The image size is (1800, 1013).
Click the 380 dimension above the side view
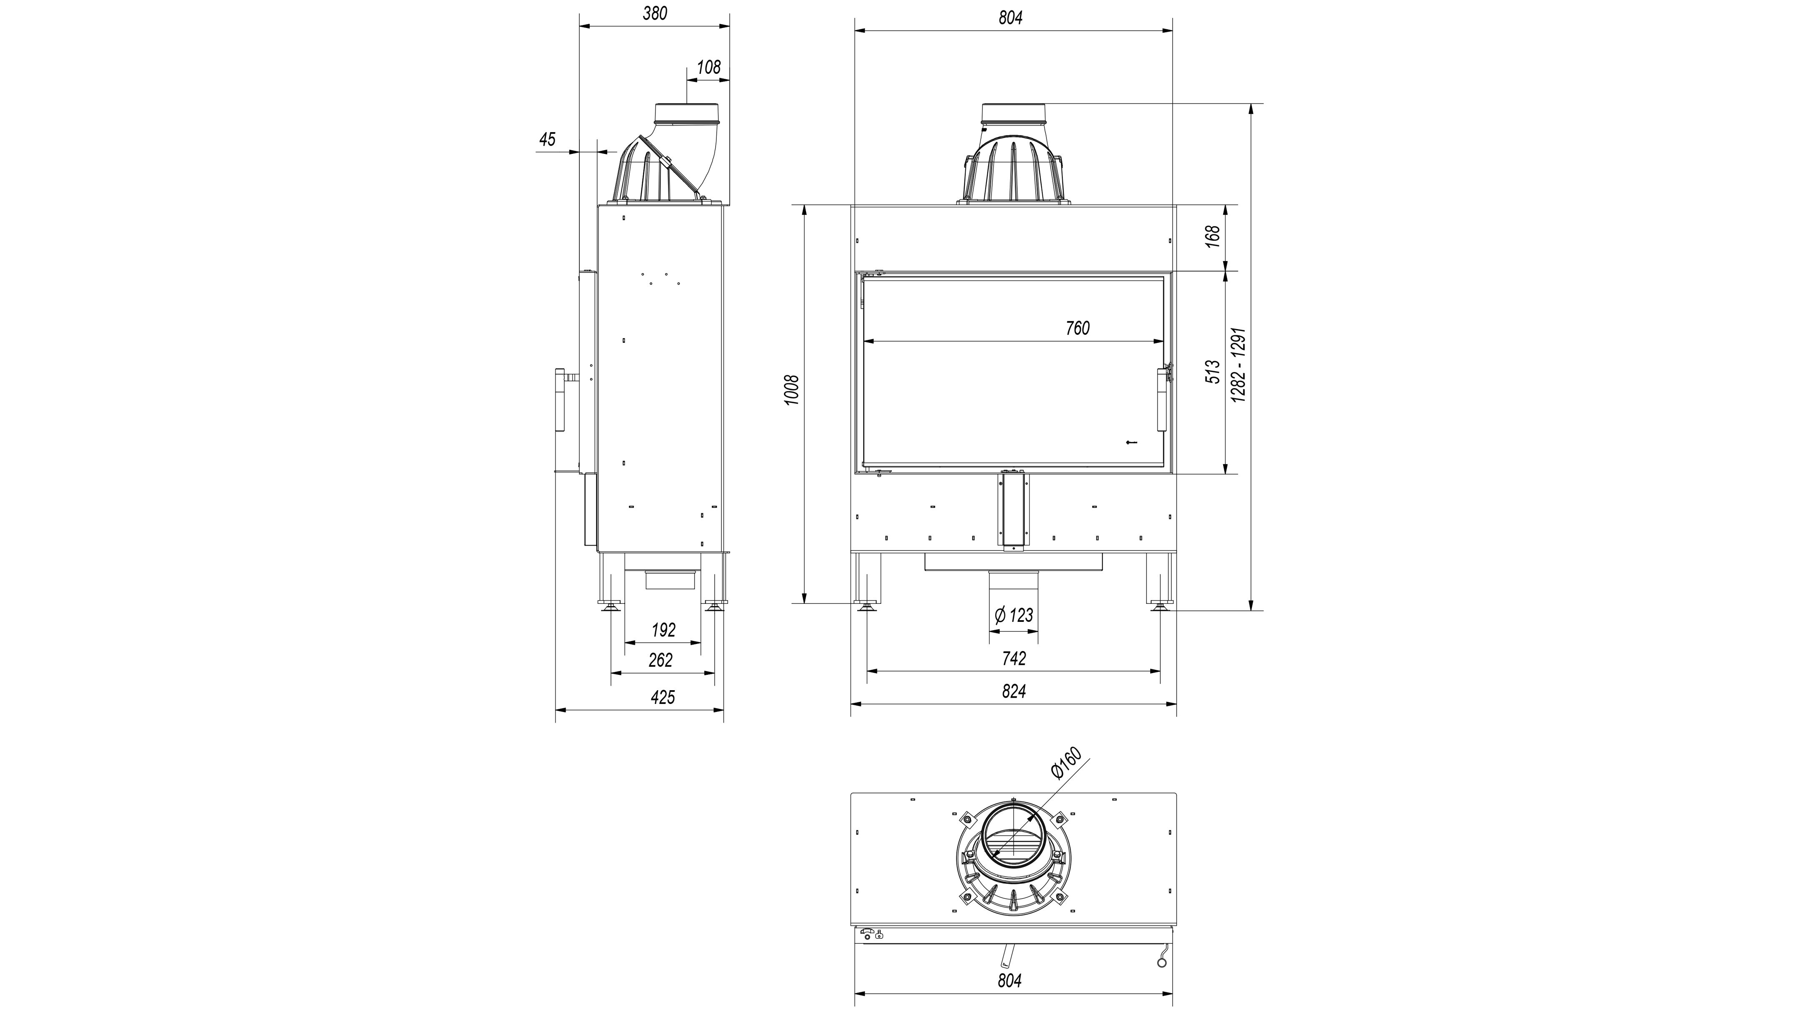tap(655, 13)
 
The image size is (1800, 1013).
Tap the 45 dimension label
tap(547, 139)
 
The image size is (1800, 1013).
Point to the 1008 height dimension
tap(791, 392)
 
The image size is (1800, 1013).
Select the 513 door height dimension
tap(1214, 371)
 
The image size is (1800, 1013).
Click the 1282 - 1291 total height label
tap(1239, 364)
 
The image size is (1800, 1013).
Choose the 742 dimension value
tap(1014, 659)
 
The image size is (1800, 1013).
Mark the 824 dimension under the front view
tap(1014, 691)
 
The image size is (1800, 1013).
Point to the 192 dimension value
tap(663, 630)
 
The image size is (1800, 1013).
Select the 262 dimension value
tap(660, 660)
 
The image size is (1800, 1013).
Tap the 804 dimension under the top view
tap(1010, 981)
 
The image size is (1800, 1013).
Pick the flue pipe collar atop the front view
tap(1014, 114)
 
